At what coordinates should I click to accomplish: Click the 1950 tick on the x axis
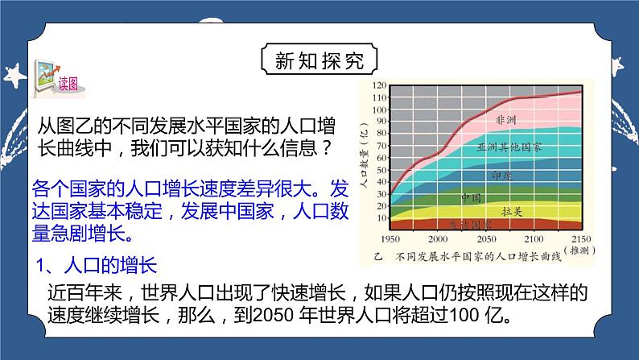pyautogui.click(x=390, y=241)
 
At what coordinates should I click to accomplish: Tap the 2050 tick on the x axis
pyautogui.click(x=486, y=241)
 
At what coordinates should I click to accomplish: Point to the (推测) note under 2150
pyautogui.click(x=582, y=251)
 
